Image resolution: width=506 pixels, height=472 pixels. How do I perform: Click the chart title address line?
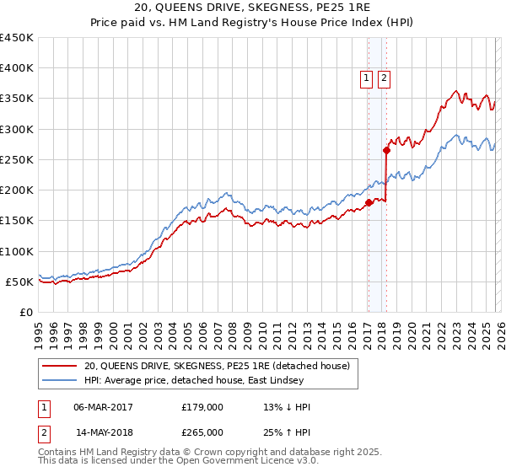253,8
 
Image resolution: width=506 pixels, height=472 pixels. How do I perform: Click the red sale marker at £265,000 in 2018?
386,151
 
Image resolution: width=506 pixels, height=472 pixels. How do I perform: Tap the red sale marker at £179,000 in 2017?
369,202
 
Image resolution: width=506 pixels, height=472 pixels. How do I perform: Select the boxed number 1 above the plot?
367,79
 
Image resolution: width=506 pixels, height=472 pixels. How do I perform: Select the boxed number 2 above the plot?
384,79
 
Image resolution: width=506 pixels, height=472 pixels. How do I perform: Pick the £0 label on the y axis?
25,312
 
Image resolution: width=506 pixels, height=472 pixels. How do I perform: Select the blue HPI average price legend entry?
221,381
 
